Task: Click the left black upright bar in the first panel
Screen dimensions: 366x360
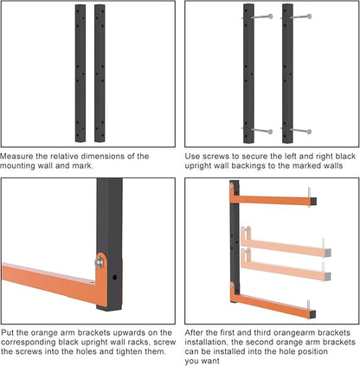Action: [80, 73]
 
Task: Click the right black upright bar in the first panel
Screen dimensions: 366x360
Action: [99, 73]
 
